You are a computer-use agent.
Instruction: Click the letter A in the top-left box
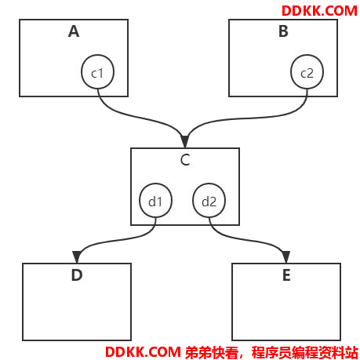point(74,31)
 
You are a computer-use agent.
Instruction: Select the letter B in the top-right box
point(283,31)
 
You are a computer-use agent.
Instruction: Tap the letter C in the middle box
point(185,159)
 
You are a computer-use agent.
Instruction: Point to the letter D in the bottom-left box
point(77,275)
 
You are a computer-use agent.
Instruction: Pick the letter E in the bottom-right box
point(286,275)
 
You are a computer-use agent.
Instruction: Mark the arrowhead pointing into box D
point(76,256)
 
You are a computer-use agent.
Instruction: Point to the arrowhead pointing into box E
point(286,256)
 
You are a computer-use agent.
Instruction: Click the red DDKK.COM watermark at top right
point(319,11)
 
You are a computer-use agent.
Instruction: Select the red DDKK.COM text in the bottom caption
point(143,352)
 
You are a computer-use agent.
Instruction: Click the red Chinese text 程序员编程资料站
point(305,352)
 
